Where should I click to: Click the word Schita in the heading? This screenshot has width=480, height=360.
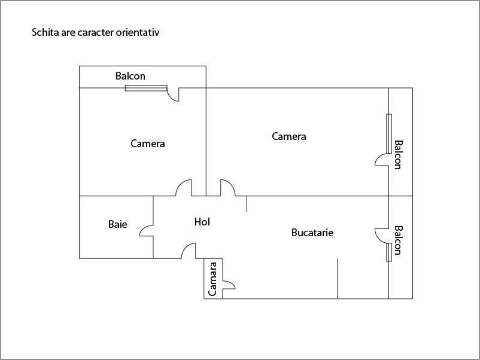45,32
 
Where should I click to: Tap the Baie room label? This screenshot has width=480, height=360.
117,225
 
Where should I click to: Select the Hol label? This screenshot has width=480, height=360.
202,222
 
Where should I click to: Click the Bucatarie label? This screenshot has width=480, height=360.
312,232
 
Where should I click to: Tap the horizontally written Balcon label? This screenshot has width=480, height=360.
130,76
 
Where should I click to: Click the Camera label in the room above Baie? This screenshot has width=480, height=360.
147,144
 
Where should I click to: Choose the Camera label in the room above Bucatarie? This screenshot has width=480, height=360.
288,136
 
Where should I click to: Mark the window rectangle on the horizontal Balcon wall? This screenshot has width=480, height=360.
145,89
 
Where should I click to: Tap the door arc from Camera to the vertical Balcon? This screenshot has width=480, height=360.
381,160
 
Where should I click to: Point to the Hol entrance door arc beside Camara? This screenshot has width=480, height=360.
190,251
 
